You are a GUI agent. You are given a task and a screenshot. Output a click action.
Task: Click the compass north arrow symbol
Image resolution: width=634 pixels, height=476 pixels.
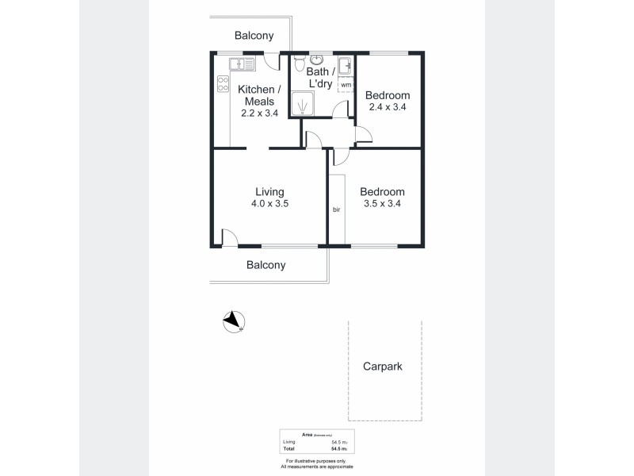(232, 320)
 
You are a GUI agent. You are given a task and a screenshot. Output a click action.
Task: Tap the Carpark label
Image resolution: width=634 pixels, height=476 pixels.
(382, 367)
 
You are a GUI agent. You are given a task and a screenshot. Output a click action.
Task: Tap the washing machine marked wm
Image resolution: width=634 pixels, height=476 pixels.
(346, 84)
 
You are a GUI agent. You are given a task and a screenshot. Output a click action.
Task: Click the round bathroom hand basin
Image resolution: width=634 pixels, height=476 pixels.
(317, 59)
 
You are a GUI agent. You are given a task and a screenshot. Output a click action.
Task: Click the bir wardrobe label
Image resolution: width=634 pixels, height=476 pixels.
(337, 209)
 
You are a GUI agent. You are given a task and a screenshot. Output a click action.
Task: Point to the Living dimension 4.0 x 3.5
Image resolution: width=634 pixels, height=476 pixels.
(269, 204)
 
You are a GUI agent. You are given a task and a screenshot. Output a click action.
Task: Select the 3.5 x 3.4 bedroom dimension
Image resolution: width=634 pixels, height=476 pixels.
(382, 204)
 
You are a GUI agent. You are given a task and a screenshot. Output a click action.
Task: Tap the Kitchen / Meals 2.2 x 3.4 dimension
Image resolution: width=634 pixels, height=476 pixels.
(258, 113)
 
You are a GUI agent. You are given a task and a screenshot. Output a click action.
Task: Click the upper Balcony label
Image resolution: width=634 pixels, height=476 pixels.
(254, 35)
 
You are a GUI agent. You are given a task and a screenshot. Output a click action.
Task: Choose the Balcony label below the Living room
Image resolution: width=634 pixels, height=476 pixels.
(265, 265)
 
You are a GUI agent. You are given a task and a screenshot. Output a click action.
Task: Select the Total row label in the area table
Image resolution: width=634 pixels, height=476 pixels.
(288, 449)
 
